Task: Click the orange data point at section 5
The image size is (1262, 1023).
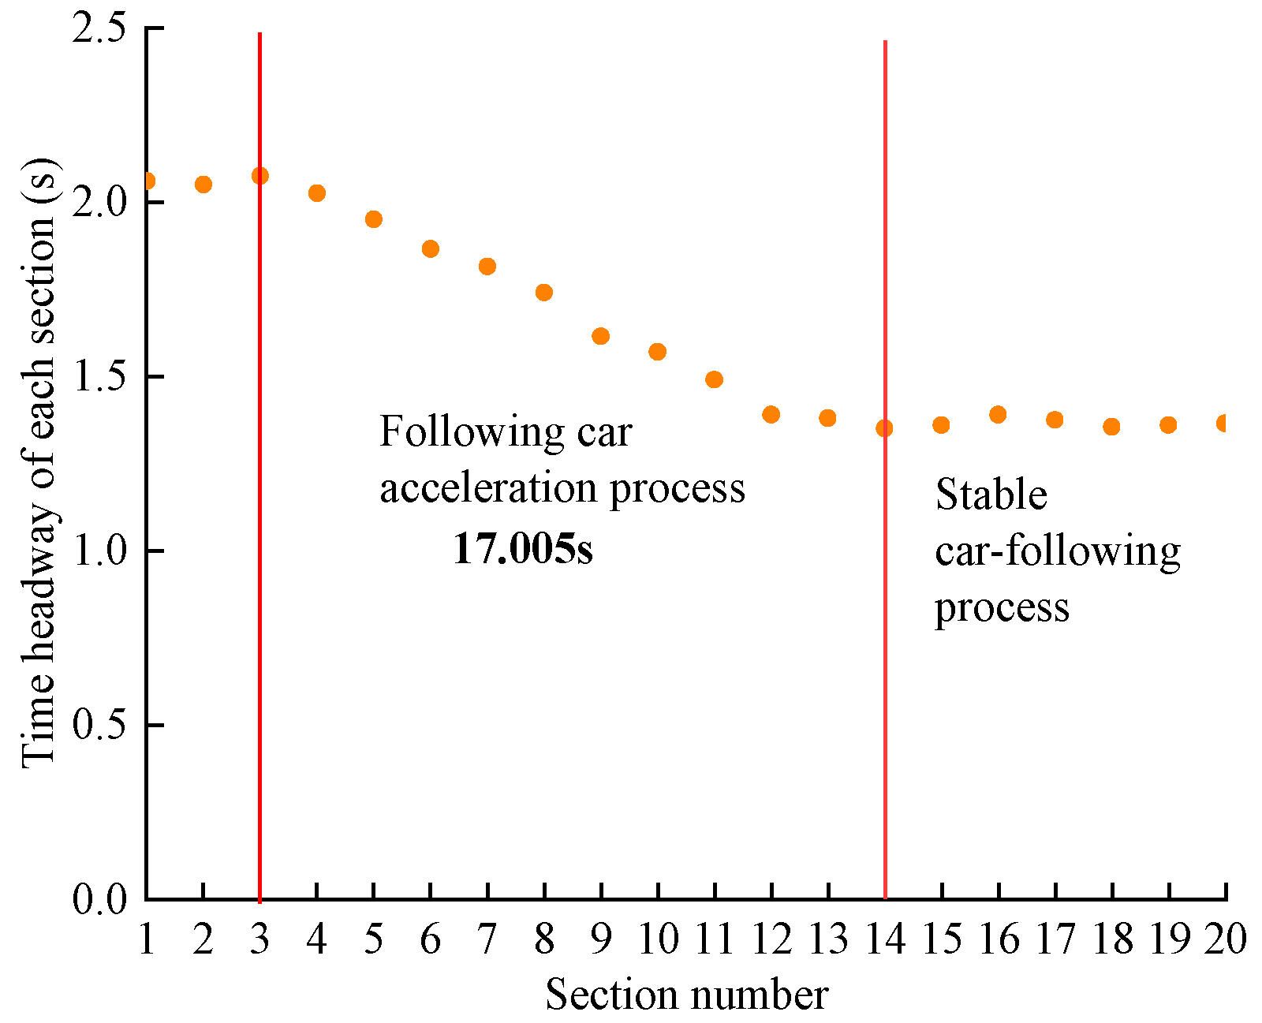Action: click(x=374, y=219)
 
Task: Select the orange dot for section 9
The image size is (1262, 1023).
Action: click(x=601, y=336)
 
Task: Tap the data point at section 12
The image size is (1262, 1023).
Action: click(x=771, y=414)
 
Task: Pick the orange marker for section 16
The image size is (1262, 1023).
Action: click(x=998, y=414)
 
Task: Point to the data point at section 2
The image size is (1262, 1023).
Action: click(x=203, y=185)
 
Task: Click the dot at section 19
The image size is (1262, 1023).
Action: click(x=1168, y=425)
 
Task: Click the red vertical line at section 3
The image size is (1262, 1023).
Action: click(x=259, y=552)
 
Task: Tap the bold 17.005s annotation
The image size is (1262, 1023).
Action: click(x=522, y=549)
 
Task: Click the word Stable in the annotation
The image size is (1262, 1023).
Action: click(x=991, y=495)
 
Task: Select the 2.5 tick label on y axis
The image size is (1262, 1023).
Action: click(x=98, y=29)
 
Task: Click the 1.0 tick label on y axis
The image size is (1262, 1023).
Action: click(x=98, y=551)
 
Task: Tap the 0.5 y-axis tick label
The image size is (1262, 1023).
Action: click(x=98, y=725)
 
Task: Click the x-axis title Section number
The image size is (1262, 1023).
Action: click(x=686, y=995)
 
